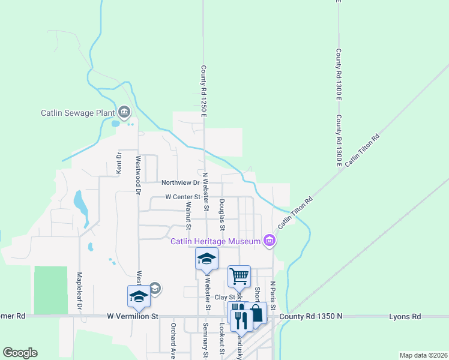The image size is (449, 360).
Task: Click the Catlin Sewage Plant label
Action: pos(78,112)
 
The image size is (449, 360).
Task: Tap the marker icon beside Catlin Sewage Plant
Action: pos(124,112)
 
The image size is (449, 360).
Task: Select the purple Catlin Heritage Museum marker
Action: pos(270,242)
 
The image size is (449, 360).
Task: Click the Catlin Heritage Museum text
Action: pos(215,242)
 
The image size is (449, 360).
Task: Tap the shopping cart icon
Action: pos(240,276)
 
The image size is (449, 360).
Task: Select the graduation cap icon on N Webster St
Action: pos(206,259)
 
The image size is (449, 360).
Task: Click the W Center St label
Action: pos(182,197)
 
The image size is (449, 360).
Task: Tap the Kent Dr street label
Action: pos(119,163)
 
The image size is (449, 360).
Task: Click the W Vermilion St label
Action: pos(132,316)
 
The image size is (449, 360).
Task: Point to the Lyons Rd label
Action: pos(405,316)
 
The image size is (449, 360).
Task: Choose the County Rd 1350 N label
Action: pos(310,316)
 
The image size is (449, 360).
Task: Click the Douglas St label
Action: pos(222,215)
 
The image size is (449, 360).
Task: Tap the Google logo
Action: pos(20,353)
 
